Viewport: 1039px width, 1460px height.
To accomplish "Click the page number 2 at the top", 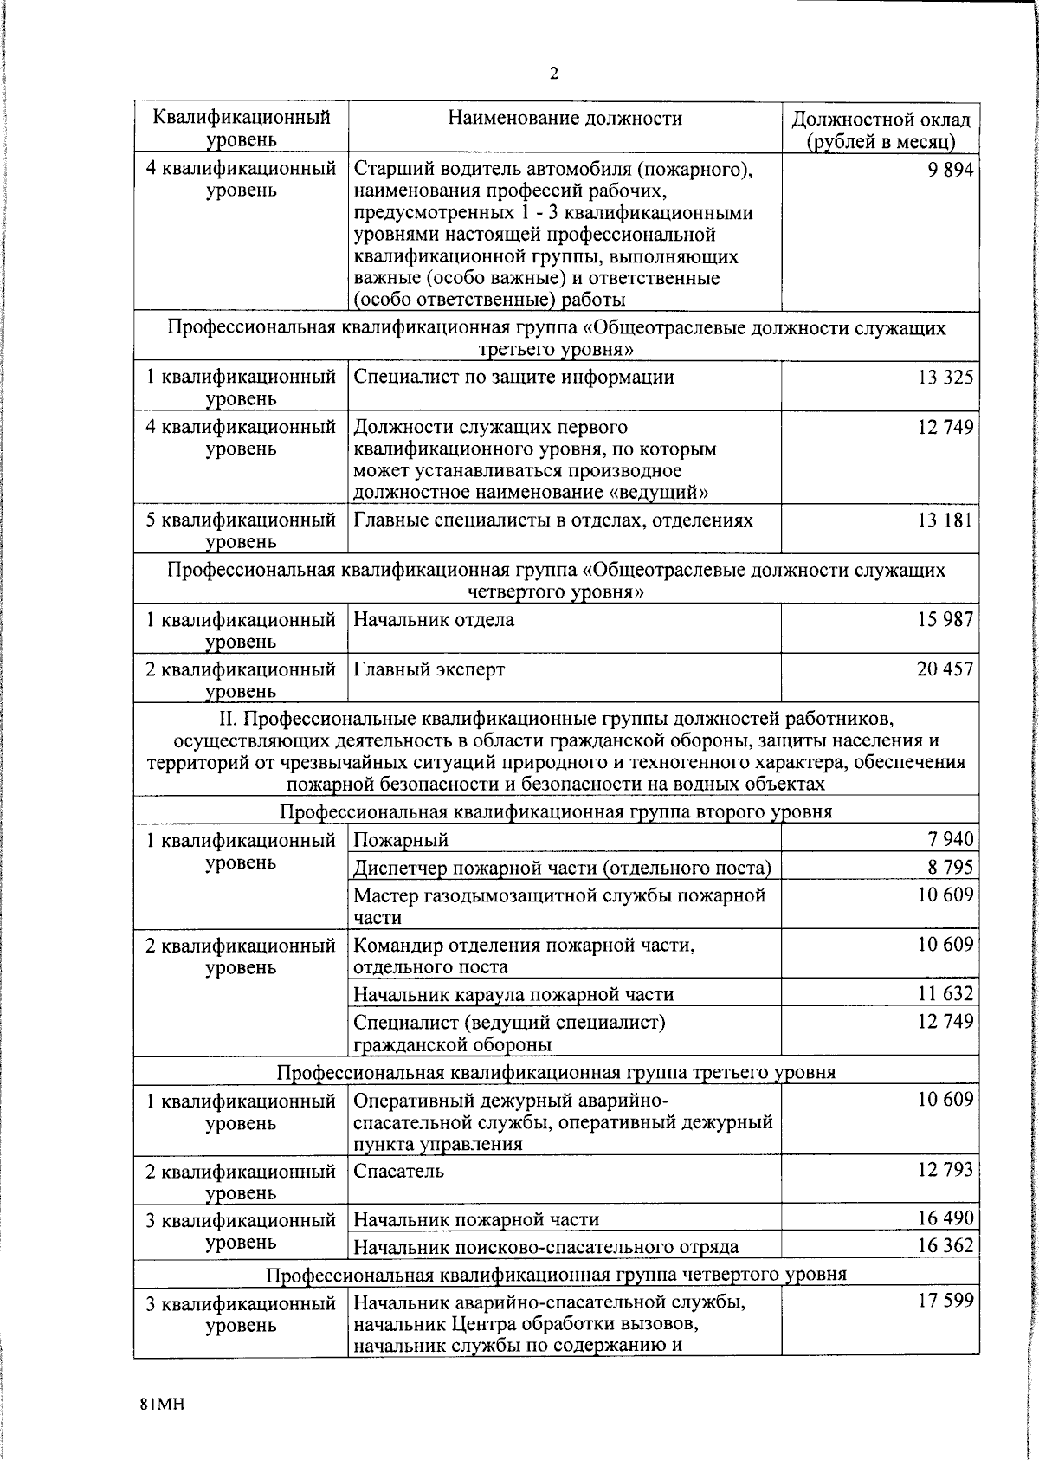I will point(554,74).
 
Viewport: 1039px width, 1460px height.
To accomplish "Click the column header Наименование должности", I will point(565,119).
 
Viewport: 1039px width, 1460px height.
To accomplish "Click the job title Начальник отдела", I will point(434,620).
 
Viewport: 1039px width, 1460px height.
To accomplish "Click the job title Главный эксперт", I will point(429,669).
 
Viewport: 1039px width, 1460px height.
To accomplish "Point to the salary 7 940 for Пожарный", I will point(950,838).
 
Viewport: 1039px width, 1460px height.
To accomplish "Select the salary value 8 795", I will point(950,867).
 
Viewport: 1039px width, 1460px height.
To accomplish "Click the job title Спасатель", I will point(398,1171).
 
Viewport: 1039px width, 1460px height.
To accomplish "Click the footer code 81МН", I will point(162,1404).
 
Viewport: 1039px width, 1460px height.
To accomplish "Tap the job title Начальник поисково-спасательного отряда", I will point(545,1247).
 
